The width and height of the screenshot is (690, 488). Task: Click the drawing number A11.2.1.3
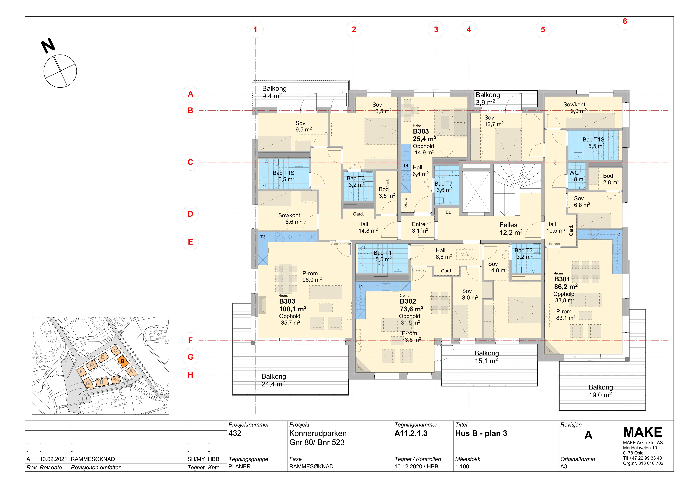point(411,433)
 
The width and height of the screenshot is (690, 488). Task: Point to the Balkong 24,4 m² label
point(273,380)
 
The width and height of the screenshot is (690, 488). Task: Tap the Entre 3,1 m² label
point(419,227)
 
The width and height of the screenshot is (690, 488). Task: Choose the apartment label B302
point(408,301)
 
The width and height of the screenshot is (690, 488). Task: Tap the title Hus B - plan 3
point(481,433)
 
